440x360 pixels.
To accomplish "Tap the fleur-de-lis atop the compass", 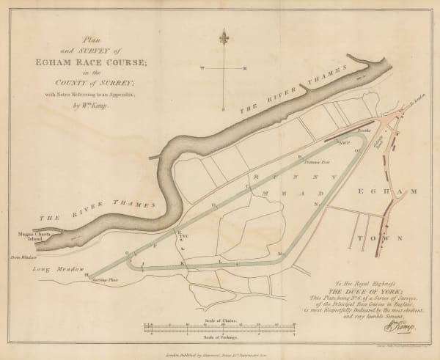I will tap(224, 37).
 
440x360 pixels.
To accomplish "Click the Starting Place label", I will tap(105, 280).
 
